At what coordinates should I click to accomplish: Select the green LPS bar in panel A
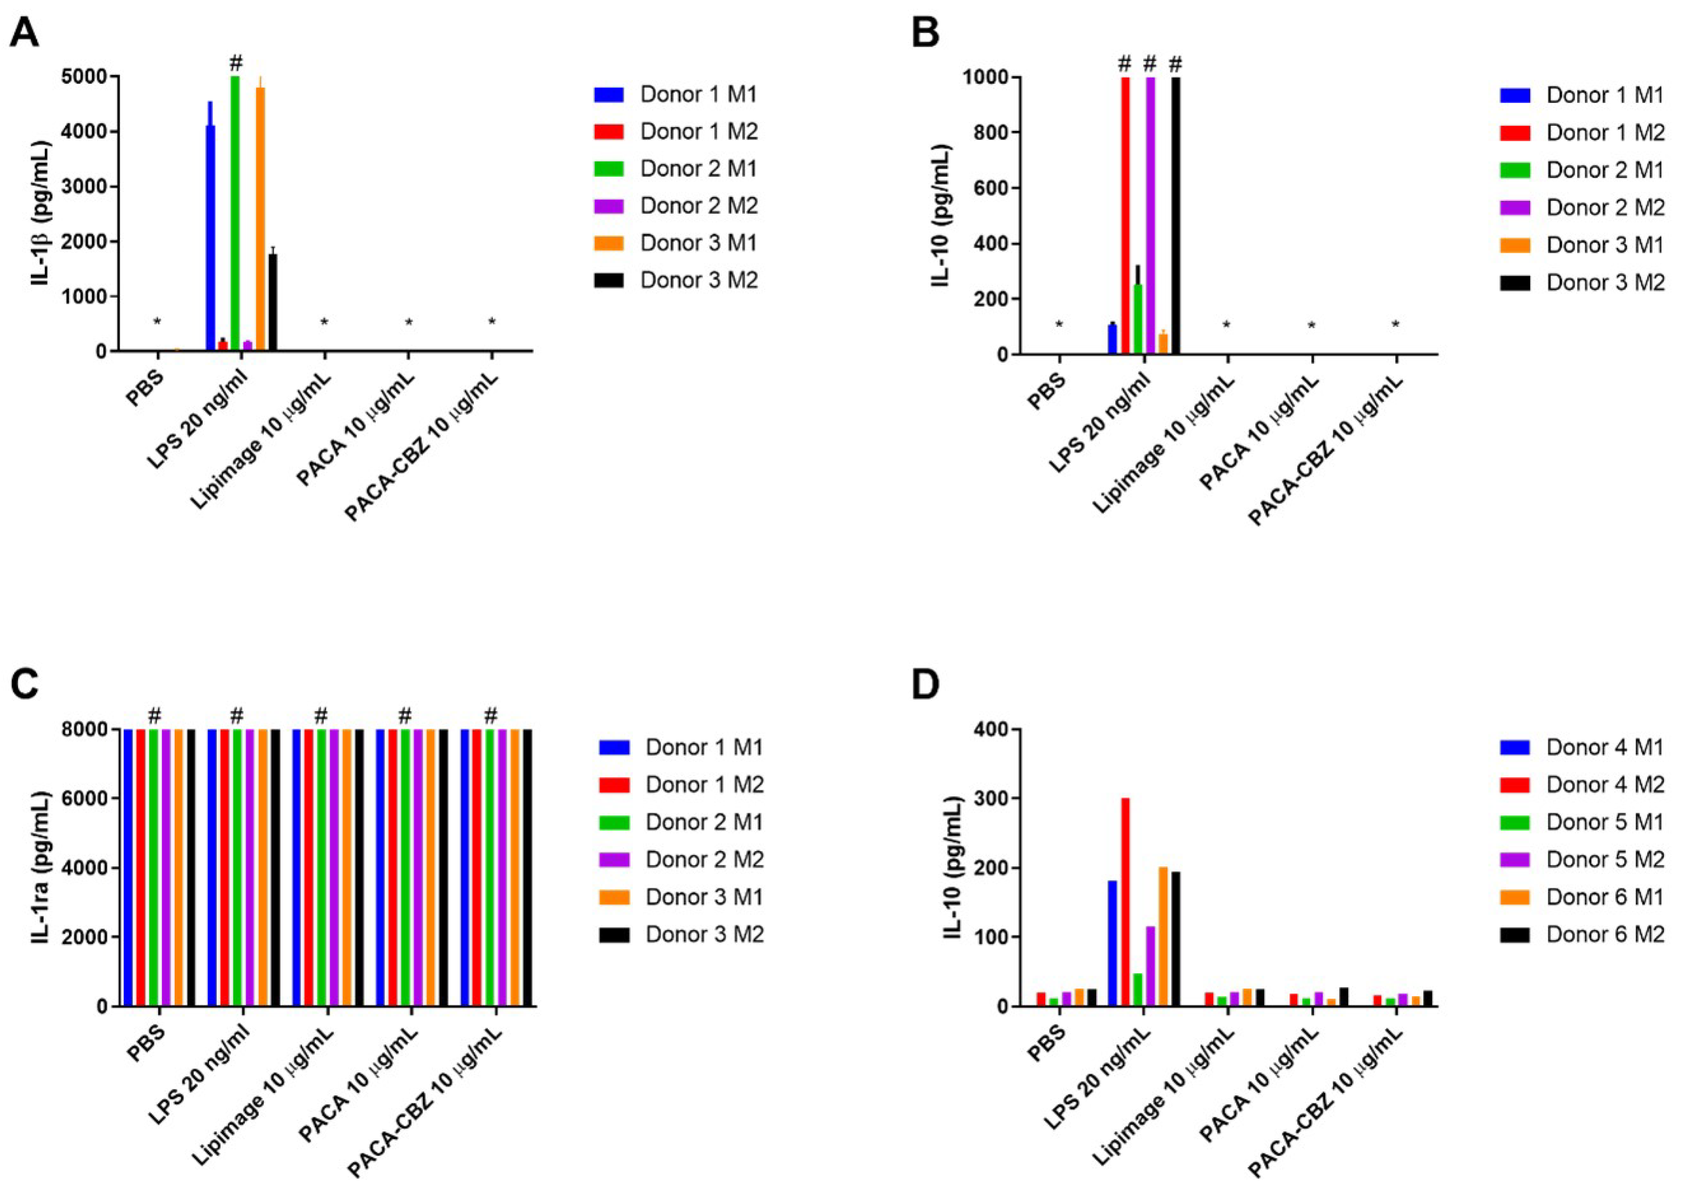pos(235,214)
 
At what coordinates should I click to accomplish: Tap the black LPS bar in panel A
pos(273,303)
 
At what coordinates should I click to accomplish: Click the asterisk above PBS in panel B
pos(1059,325)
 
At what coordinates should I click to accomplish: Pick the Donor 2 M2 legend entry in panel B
pos(1604,208)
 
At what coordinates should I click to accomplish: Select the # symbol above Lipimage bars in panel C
pos(321,715)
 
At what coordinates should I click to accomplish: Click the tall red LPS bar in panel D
pos(1125,902)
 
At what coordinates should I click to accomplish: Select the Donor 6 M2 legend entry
pos(1604,935)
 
